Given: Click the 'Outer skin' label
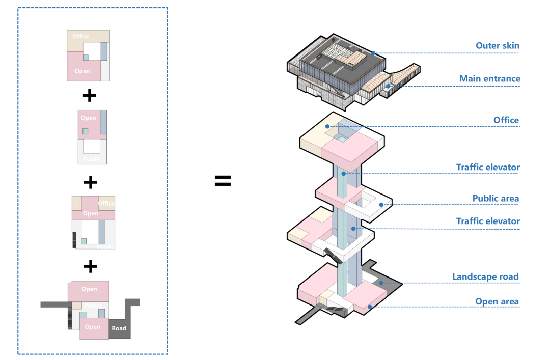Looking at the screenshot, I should click(x=498, y=46).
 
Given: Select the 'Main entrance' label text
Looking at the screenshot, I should click(x=489, y=79).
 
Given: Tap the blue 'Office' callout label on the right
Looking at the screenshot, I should click(x=506, y=120).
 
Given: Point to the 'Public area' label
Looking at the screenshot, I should click(x=496, y=198).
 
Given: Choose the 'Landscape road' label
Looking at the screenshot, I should click(x=485, y=277).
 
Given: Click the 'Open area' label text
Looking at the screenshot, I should click(x=497, y=301).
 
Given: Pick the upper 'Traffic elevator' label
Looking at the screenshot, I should click(x=488, y=167).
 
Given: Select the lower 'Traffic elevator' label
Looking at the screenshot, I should click(x=488, y=221).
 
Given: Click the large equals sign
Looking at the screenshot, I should click(x=223, y=181).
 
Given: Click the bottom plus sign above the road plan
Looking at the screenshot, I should click(x=90, y=266).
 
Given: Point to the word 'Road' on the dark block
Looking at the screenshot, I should click(x=119, y=328).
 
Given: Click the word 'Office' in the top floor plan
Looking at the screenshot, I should click(x=80, y=36).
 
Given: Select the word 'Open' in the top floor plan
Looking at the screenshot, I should click(x=82, y=71).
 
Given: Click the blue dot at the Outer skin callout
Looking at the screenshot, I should click(x=373, y=53).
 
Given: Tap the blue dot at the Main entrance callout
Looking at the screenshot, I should click(x=388, y=86).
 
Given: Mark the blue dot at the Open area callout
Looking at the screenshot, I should click(x=370, y=307).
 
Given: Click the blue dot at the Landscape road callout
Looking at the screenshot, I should click(x=381, y=283).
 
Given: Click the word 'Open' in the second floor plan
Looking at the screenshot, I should click(x=88, y=118).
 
